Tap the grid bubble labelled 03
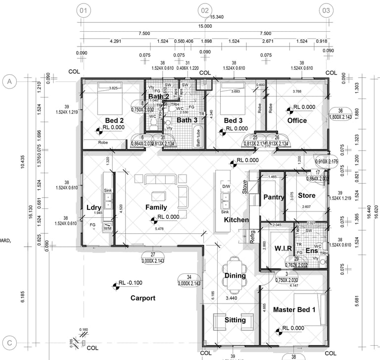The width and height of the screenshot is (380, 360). pyautogui.click(x=326, y=10)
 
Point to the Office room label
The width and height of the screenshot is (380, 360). pyautogui.click(x=297, y=120)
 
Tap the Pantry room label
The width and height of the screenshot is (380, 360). pyautogui.click(x=274, y=197)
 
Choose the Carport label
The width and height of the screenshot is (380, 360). pyautogui.click(x=143, y=298)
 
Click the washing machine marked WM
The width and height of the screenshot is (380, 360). pyautogui.click(x=107, y=228)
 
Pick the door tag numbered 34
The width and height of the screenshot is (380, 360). pyautogui.click(x=189, y=277)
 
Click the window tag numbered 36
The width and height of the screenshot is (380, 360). pyautogui.click(x=340, y=111)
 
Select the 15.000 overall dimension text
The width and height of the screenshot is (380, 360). pyautogui.click(x=205, y=26)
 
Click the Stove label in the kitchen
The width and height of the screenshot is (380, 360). pyautogui.click(x=244, y=187)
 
